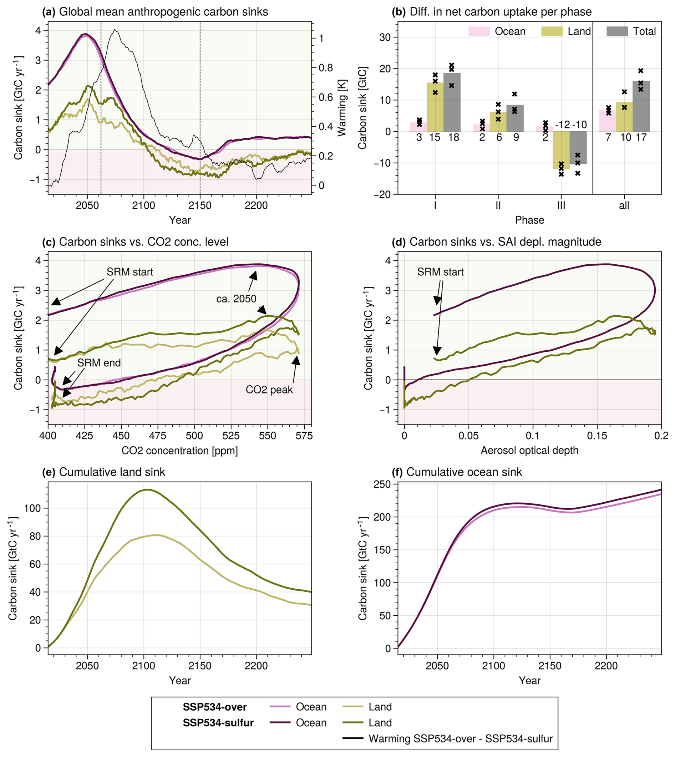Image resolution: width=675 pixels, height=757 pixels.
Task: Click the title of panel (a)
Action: click(155, 12)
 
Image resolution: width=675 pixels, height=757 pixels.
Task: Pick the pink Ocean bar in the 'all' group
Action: click(607, 121)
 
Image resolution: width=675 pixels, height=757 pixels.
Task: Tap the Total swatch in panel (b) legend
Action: click(617, 31)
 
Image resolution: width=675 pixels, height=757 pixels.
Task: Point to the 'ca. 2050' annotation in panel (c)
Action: click(236, 299)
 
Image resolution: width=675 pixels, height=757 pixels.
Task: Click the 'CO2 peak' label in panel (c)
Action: click(269, 390)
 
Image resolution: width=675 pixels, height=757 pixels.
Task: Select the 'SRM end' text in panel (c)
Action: click(99, 362)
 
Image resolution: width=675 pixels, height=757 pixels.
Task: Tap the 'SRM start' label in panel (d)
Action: click(440, 272)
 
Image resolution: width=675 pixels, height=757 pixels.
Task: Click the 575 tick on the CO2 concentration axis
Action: click(304, 436)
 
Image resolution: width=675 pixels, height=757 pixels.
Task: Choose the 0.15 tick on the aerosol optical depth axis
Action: click(597, 436)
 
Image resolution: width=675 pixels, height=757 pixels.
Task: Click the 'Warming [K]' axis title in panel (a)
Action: click(341, 108)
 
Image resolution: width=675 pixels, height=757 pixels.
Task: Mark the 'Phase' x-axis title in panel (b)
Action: click(529, 220)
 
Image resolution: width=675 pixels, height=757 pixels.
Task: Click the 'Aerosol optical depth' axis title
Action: click(529, 450)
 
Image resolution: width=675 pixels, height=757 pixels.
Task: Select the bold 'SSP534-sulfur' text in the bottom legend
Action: click(218, 722)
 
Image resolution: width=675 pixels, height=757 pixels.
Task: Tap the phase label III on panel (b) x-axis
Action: click(561, 205)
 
